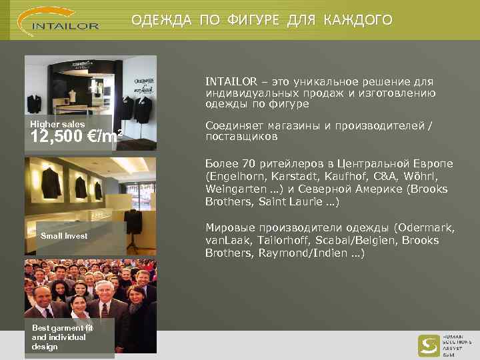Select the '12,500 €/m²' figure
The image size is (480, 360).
[77, 138]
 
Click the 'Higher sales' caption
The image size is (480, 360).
[58, 125]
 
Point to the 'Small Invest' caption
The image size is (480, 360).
[64, 236]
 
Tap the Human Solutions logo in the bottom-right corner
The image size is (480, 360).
[440, 346]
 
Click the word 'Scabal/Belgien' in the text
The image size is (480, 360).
[351, 241]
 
